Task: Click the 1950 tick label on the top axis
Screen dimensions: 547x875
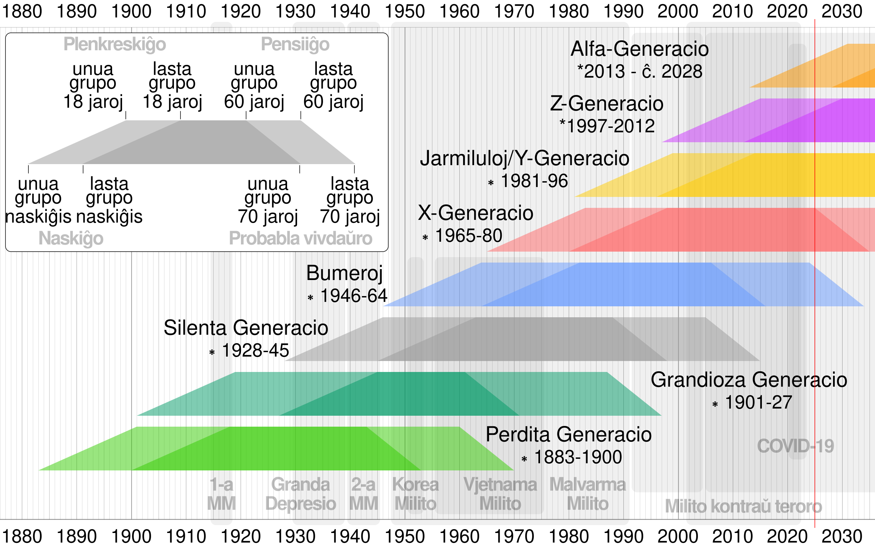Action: [x=405, y=11]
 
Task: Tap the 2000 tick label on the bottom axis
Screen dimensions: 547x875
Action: [x=677, y=536]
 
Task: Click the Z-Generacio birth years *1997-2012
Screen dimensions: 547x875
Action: [x=607, y=126]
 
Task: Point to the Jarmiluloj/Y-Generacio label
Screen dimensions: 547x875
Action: [x=524, y=158]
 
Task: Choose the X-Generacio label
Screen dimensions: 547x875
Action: [x=475, y=213]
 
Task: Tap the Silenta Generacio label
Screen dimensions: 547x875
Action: [x=246, y=328]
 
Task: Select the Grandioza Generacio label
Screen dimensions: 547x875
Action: [x=749, y=380]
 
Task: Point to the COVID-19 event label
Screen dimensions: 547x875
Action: [x=795, y=446]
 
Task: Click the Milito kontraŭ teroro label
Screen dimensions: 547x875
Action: [x=743, y=506]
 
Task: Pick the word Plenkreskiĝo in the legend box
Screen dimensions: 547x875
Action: [x=115, y=44]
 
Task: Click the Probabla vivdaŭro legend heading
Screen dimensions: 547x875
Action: [x=300, y=238]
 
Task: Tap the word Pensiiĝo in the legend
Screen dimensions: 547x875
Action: [x=295, y=44]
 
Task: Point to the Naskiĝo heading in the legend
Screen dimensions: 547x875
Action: [x=71, y=238]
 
